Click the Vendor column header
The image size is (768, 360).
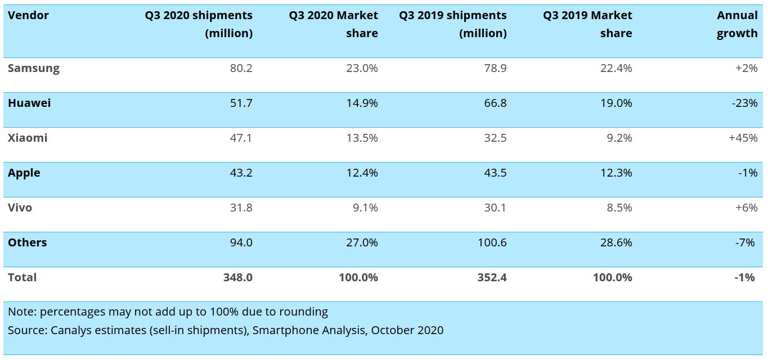[28, 15]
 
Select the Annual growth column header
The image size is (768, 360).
[737, 24]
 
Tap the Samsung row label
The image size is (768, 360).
[33, 68]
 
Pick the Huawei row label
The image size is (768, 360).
[29, 103]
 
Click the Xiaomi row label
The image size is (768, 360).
[28, 138]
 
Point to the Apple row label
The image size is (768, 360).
[24, 173]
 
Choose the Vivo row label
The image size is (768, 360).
[20, 208]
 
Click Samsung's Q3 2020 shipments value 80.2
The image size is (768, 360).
[241, 68]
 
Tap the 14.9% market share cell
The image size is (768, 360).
[363, 103]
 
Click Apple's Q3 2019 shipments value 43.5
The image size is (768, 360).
[495, 173]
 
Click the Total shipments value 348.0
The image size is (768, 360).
[238, 277]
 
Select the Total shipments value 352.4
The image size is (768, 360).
[492, 277]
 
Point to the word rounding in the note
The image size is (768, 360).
[304, 312]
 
